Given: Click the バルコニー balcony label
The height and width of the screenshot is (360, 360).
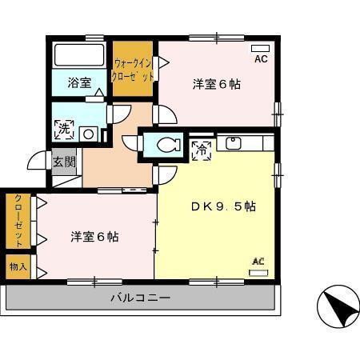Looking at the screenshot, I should coord(140,298).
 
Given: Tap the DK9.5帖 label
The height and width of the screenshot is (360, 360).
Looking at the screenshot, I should coord(223,206).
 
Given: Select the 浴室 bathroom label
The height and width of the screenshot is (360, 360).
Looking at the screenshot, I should coord(78,82).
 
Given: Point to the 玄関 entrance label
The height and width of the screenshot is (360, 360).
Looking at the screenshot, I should coord(64,161).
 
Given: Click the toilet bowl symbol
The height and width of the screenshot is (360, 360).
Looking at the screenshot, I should coord(166,145).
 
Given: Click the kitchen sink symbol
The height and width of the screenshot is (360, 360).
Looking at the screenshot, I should coord(234,144).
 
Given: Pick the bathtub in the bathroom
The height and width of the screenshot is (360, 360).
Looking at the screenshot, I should coord(78,56).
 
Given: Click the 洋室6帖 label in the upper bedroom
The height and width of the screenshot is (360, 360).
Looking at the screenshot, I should coord(216,84).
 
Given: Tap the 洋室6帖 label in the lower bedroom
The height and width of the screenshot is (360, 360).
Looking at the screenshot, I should coord(94,237).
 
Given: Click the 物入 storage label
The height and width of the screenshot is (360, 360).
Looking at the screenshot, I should coord(18,266).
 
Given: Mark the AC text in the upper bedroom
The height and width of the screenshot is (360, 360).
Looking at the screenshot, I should coord(260,59).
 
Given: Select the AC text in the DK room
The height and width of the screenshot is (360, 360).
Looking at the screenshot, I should coord(258,261).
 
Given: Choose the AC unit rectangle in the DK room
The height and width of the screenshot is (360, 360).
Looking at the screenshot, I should coord(259,272).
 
